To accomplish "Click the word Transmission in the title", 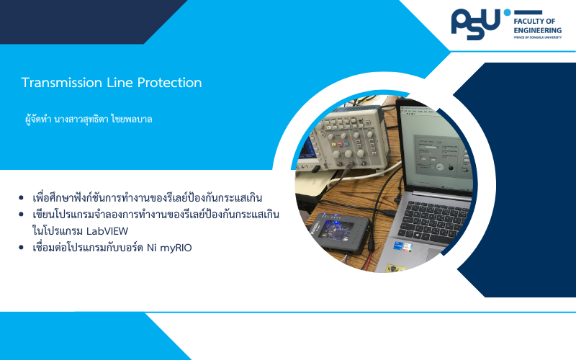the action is [x=62, y=83].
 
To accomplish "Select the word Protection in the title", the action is [x=169, y=83].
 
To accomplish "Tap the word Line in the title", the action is [x=120, y=83].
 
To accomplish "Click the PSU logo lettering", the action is [x=476, y=24].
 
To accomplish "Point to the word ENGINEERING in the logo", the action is [x=537, y=30].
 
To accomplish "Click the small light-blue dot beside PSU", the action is [x=508, y=12].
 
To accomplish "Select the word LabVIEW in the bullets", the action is [x=107, y=231].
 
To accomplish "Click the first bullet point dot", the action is [x=21, y=198].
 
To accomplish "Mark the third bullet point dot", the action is [x=21, y=248].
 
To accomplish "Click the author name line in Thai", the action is [x=89, y=120].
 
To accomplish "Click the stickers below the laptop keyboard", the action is [x=402, y=246].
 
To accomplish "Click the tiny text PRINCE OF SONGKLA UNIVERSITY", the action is [x=537, y=37].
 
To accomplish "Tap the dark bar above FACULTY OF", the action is [x=528, y=12].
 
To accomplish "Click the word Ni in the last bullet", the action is [x=152, y=248].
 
